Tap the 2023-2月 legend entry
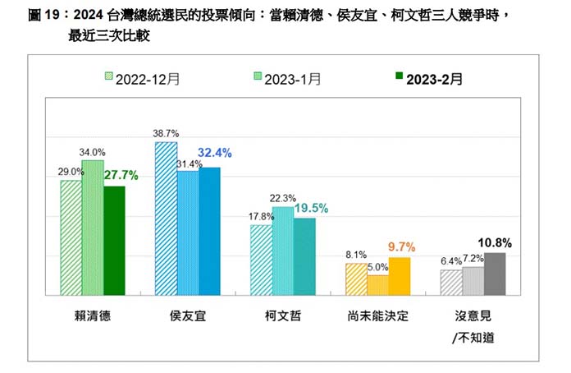428,79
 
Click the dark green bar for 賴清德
113,240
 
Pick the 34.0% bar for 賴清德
92,228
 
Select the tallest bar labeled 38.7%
166,219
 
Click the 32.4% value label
213,152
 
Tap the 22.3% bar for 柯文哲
282,251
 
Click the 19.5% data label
311,208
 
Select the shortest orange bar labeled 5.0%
377,284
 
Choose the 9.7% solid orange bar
399,275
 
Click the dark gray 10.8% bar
494,273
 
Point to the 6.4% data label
450,260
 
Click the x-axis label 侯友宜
187,315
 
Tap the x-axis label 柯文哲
282,315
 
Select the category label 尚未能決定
377,315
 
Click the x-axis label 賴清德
92,315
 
